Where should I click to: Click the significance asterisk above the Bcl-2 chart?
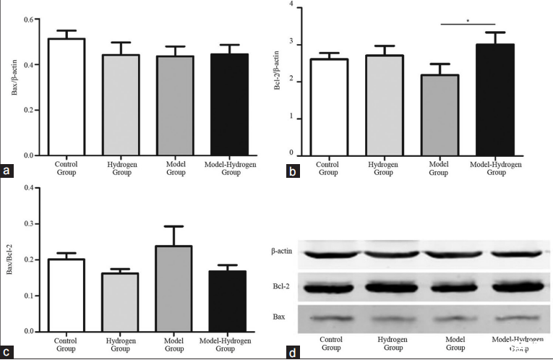[468, 20]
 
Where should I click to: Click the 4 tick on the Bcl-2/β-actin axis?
[291, 6]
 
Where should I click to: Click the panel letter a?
[7, 171]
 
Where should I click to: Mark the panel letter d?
[292, 353]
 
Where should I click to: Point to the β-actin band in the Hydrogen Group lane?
[390, 254]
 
